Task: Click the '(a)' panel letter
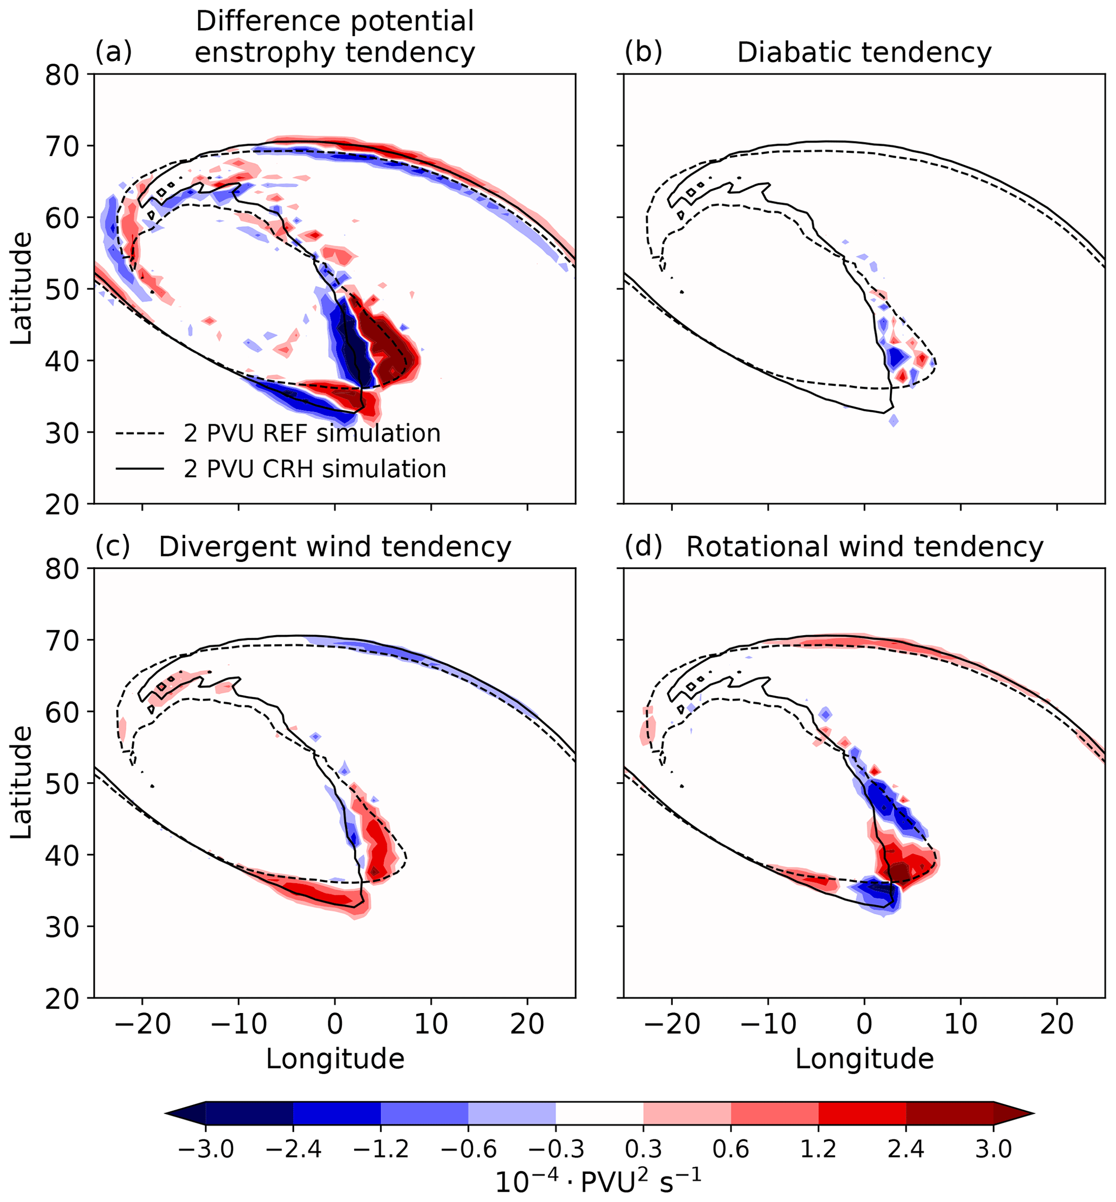(113, 53)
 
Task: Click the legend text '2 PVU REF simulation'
(312, 434)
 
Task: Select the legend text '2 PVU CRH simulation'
(315, 469)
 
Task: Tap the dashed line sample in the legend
(139, 434)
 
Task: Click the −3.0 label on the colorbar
(206, 1149)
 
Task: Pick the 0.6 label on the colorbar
(731, 1149)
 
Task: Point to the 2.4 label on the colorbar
(906, 1149)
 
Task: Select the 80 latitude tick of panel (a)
(62, 75)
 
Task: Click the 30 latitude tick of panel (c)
(62, 927)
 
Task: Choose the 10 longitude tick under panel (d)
(960, 1023)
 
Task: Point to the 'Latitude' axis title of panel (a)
(22, 289)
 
